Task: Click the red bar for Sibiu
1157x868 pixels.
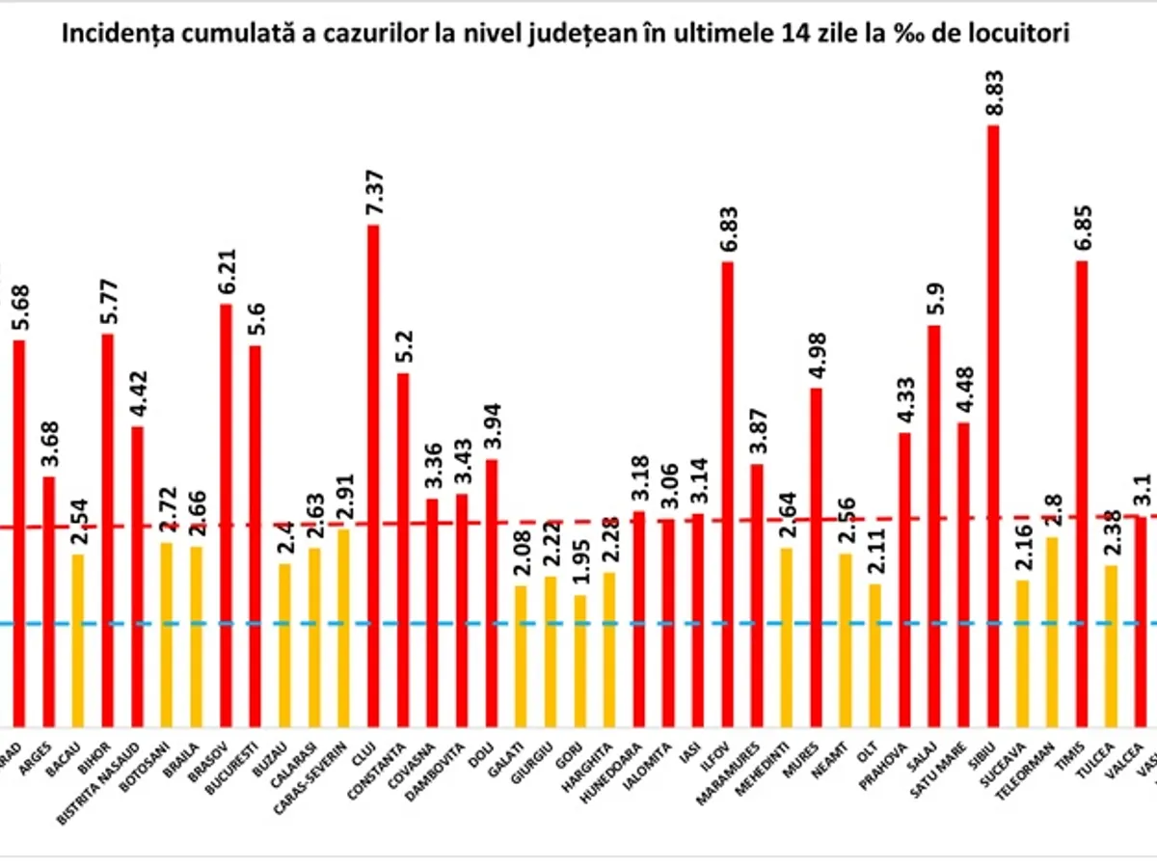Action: (x=993, y=424)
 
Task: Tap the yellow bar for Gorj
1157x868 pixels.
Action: (x=579, y=660)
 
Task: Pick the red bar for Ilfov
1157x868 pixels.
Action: (x=728, y=493)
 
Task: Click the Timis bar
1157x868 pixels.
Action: (x=1082, y=493)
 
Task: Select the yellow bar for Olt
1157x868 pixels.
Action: (x=875, y=655)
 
